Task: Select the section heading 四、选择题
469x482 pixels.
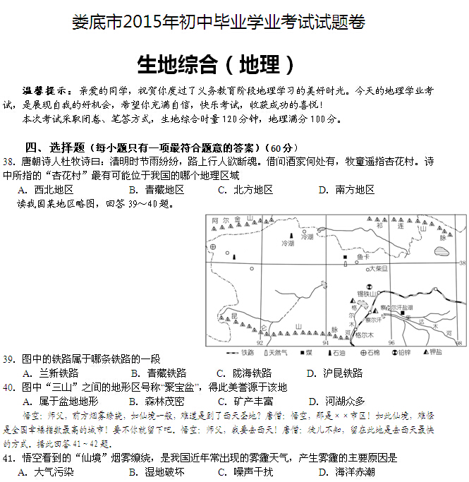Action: click(x=54, y=147)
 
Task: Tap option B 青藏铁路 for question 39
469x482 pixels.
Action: click(x=159, y=373)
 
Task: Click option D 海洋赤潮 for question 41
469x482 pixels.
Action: click(x=346, y=472)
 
